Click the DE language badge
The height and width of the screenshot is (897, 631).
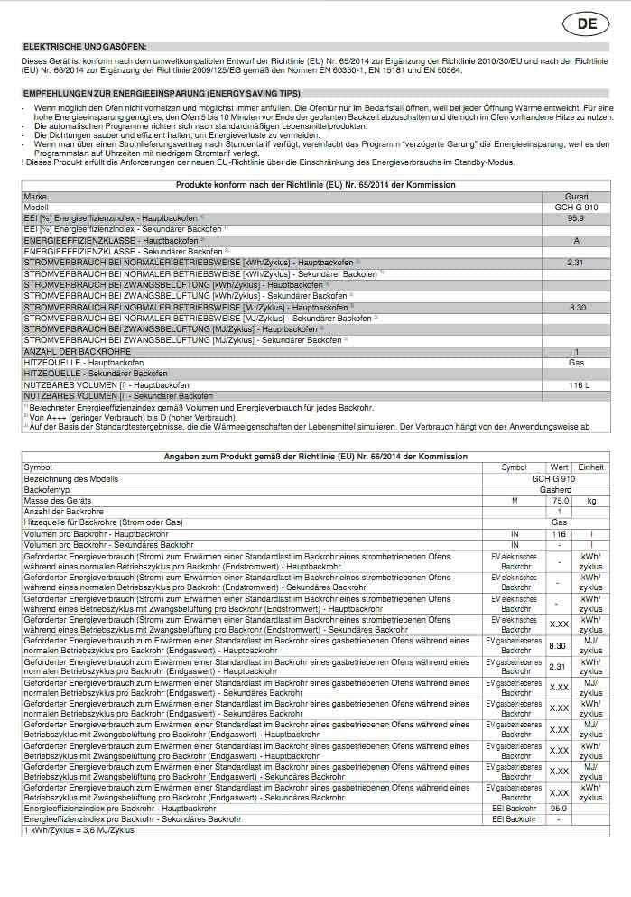click(x=587, y=24)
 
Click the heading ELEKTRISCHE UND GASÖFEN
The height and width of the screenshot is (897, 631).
click(x=85, y=46)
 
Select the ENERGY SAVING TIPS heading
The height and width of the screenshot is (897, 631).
click(x=161, y=94)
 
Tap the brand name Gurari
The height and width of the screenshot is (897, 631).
click(x=576, y=196)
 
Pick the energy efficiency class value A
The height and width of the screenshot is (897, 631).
click(x=576, y=240)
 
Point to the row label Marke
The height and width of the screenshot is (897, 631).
click(x=35, y=196)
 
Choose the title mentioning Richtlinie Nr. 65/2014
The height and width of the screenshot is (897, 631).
click(x=315, y=185)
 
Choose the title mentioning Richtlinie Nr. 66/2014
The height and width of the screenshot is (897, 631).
click(x=315, y=458)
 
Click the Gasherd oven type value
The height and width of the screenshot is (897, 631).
click(x=555, y=489)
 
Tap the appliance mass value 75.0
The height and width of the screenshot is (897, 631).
click(x=561, y=500)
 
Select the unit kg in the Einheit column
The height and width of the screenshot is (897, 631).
click(x=591, y=500)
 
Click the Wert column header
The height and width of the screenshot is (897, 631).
click(x=560, y=467)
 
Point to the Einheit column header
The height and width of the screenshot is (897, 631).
click(x=591, y=467)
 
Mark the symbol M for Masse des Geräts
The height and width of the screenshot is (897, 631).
click(x=515, y=500)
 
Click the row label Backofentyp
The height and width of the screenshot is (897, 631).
click(x=46, y=489)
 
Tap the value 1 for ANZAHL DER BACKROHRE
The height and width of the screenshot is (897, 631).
click(x=576, y=352)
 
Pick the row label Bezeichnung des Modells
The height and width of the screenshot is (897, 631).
click(x=71, y=478)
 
